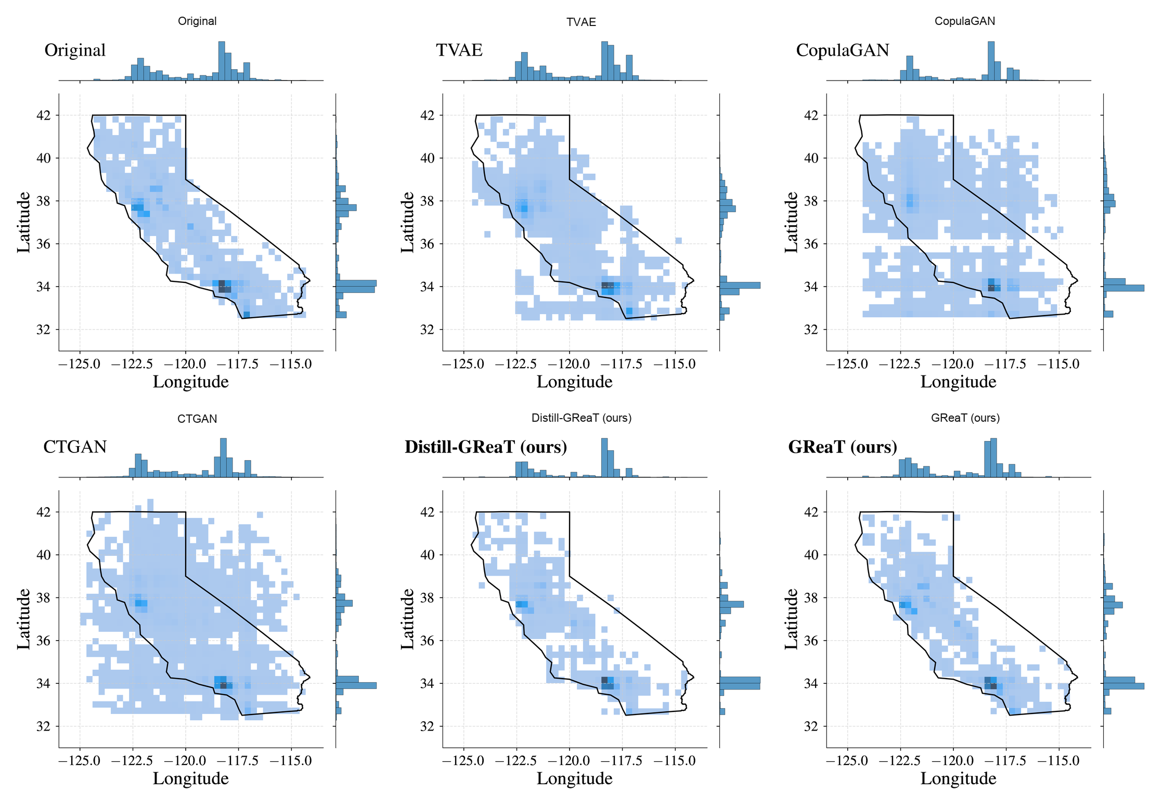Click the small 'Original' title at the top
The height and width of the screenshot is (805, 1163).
tap(197, 21)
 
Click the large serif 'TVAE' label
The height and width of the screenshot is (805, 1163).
tap(459, 50)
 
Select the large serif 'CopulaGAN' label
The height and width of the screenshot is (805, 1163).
tap(842, 50)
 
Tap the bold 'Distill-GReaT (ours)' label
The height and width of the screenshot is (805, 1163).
tap(485, 447)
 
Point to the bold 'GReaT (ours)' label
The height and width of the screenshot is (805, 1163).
tap(842, 447)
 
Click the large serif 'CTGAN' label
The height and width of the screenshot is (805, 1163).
tap(75, 447)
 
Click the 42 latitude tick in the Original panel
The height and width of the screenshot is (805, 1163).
tap(44, 115)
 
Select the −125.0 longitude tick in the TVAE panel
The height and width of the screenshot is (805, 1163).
tap(463, 364)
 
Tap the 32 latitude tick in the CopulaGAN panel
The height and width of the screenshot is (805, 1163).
tap(811, 330)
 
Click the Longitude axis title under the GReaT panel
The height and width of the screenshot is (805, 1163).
tap(958, 778)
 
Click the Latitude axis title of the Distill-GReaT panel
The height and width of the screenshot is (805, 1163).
tap(407, 619)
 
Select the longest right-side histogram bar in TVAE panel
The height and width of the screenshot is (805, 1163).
tap(740, 285)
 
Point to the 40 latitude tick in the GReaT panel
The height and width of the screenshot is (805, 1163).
tap(811, 555)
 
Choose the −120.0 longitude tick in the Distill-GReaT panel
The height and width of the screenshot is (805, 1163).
tap(569, 761)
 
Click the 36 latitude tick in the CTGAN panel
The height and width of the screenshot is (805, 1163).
tap(44, 641)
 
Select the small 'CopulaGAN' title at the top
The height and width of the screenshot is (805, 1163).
tap(964, 21)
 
